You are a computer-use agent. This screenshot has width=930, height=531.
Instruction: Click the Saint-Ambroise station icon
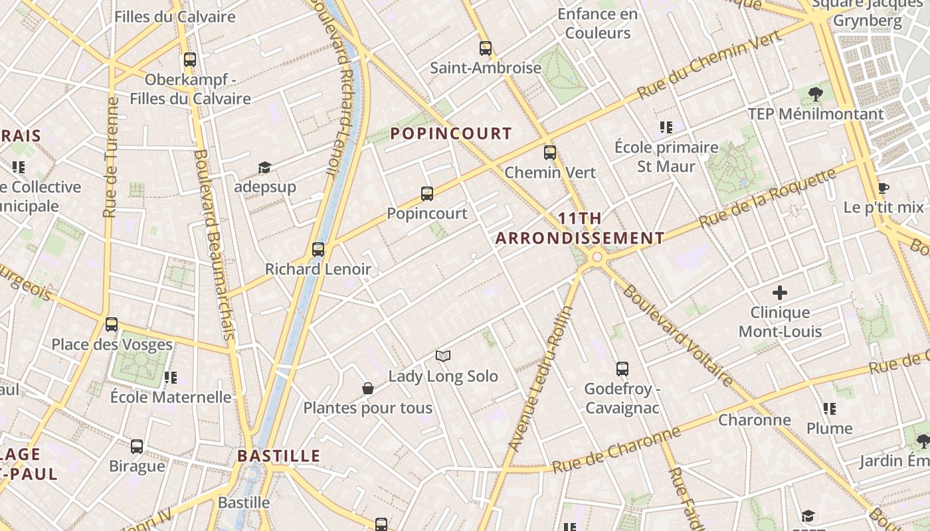(x=486, y=48)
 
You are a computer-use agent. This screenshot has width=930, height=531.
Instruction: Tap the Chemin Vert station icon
(x=550, y=153)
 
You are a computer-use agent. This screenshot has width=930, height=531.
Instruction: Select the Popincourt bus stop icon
(x=427, y=194)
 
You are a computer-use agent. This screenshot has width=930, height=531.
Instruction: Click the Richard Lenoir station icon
(x=318, y=250)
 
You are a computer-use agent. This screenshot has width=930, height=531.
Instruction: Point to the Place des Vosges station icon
(x=112, y=325)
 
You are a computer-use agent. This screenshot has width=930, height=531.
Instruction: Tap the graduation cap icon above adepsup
(x=264, y=167)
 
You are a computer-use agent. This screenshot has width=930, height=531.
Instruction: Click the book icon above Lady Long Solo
(x=443, y=356)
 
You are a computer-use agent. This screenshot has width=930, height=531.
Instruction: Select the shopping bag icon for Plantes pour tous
(x=368, y=388)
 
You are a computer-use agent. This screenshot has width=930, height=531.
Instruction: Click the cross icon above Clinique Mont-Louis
(x=780, y=292)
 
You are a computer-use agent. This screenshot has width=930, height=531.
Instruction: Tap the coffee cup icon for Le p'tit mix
(x=883, y=188)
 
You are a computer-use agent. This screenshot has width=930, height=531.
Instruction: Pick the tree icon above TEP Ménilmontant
(x=816, y=94)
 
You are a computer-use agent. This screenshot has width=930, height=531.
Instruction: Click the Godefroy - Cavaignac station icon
(x=622, y=369)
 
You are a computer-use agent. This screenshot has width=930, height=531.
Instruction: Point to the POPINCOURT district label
(x=451, y=133)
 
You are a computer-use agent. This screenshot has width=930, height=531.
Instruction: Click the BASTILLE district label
(x=279, y=456)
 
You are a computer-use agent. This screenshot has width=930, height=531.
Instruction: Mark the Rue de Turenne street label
(x=110, y=158)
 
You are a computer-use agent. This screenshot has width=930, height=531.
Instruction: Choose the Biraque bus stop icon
(x=137, y=447)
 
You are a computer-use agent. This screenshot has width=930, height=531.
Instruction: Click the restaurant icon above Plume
(x=829, y=409)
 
